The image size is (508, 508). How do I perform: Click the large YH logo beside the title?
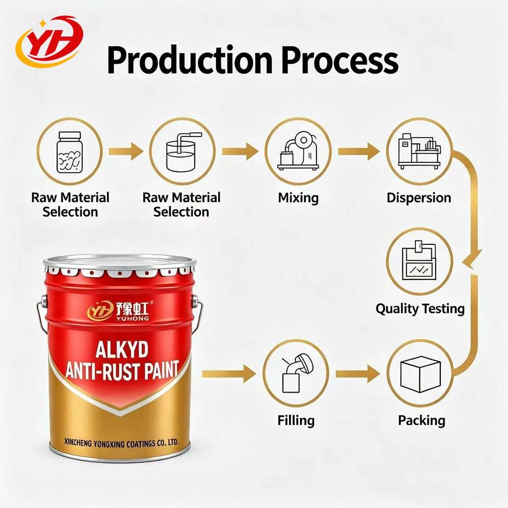point(50,41)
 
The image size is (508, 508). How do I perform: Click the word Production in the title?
point(190,60)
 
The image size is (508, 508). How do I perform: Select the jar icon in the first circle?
point(70,152)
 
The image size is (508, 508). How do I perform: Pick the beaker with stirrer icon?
point(183,152)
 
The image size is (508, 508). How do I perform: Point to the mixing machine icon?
point(298,151)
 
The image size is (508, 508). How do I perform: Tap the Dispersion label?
point(419,197)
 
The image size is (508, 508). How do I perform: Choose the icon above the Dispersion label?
point(420,151)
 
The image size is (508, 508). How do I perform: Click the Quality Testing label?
point(420,309)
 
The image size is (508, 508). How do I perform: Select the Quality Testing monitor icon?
point(419,260)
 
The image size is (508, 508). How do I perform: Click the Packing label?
point(422,421)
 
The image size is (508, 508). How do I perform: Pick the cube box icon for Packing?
point(421,374)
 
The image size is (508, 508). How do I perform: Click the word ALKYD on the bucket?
point(122,350)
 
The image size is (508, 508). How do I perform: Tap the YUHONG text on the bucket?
point(132,319)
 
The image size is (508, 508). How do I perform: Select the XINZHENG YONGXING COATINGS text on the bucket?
point(121,443)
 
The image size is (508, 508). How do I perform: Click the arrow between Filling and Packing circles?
point(358,374)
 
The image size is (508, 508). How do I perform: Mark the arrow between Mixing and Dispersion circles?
point(359,151)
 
